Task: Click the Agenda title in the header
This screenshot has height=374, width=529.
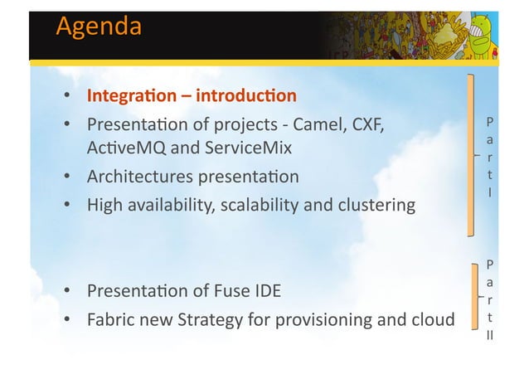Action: pyautogui.click(x=98, y=27)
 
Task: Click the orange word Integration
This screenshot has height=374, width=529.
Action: pyautogui.click(x=133, y=97)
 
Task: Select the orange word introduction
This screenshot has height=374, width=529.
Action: pyautogui.click(x=247, y=97)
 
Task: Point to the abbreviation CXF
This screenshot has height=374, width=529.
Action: pyautogui.click(x=370, y=125)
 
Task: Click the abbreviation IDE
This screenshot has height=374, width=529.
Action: pyautogui.click(x=268, y=291)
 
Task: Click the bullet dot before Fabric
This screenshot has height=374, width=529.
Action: pyautogui.click(x=66, y=319)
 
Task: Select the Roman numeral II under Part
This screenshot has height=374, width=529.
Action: pyautogui.click(x=491, y=337)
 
